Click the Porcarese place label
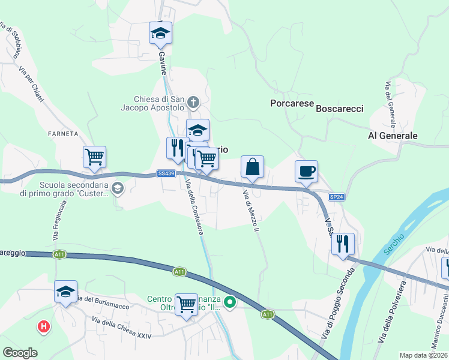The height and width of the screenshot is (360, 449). coord(292,103)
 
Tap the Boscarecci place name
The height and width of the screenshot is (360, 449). coord(339,109)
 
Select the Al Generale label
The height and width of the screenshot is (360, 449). coord(392,136)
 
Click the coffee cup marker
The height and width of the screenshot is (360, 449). coord(306,172)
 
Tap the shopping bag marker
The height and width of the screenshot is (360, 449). coord(253,166)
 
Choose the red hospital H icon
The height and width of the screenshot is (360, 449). coord(43,327)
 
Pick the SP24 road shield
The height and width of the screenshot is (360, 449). coord(337,197)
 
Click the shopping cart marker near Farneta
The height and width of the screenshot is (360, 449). coord(95,158)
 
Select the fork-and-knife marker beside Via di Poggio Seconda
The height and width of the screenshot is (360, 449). coord(343,244)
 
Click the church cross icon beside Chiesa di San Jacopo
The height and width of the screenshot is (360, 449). coord(193,101)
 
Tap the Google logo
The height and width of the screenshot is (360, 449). coord(20,353)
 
